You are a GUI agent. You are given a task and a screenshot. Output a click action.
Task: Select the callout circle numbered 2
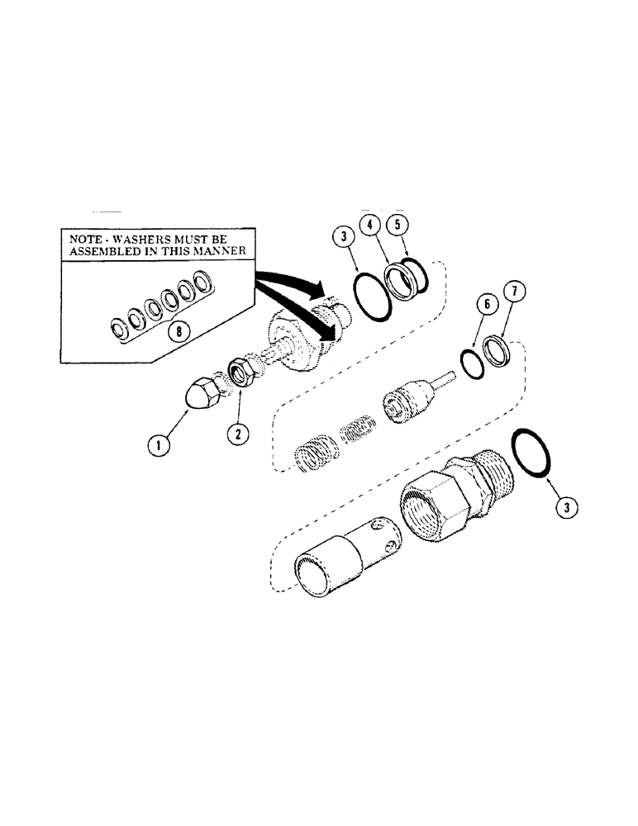click(237, 433)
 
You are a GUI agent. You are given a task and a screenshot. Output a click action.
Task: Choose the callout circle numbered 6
click(488, 305)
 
